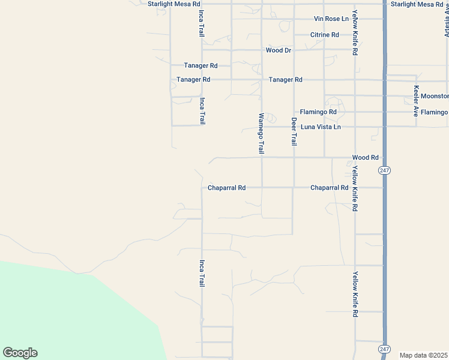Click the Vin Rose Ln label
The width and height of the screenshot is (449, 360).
(x=331, y=19)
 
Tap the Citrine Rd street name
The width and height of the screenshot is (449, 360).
(x=324, y=35)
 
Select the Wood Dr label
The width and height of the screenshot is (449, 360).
(x=279, y=50)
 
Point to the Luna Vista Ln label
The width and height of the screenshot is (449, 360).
(x=321, y=127)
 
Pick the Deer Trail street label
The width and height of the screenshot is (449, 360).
(x=294, y=131)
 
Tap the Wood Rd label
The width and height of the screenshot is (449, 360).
(x=365, y=158)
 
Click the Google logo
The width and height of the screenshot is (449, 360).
(x=20, y=353)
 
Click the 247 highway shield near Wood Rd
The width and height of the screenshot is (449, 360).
(x=385, y=170)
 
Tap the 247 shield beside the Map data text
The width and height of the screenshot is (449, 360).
(x=385, y=349)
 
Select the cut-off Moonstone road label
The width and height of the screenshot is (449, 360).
(x=435, y=96)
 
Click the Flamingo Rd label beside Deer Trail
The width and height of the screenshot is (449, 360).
(x=318, y=112)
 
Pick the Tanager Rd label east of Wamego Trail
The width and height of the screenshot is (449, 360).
(x=285, y=80)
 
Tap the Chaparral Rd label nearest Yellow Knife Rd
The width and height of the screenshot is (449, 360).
(x=330, y=188)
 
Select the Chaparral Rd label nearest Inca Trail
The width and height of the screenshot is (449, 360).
(x=226, y=188)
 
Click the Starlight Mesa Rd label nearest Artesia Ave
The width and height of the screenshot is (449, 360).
(x=417, y=4)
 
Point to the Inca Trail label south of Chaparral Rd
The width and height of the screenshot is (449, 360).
(x=202, y=272)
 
